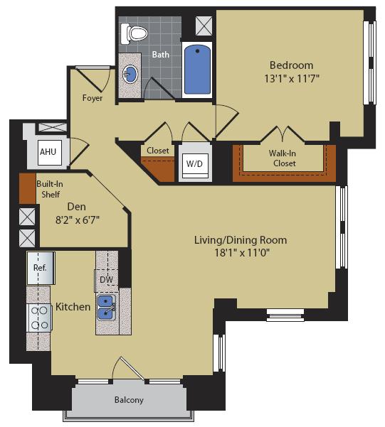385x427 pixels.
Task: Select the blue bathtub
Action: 197,70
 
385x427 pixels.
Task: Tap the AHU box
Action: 48,152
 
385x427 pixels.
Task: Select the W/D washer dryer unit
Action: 194,163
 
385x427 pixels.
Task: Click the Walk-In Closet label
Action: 283,158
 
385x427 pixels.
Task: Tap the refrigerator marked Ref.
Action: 41,269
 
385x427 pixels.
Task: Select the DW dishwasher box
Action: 106,279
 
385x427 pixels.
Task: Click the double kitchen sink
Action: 107,309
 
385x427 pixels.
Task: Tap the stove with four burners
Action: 40,317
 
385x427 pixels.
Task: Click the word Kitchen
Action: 73,307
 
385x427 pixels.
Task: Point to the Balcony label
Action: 129,400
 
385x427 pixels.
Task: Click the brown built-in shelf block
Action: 27,186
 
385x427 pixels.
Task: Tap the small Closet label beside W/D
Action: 158,151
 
